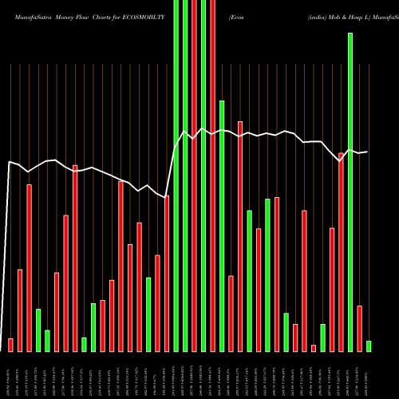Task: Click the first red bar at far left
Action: tap(10, 345)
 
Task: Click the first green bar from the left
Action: tap(38, 330)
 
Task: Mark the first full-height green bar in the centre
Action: tap(176, 176)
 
